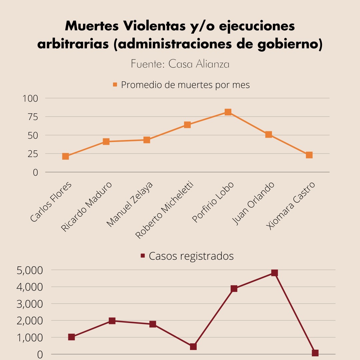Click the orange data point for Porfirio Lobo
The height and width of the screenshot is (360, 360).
point(228,112)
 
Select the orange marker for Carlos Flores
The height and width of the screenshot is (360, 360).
point(66,156)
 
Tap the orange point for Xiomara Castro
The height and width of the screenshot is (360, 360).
point(309,155)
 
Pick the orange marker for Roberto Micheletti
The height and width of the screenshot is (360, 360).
point(187,125)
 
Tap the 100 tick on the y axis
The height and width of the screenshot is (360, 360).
point(30,98)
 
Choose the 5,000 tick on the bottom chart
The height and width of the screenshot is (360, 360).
point(30,270)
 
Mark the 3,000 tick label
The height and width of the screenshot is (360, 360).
point(30,304)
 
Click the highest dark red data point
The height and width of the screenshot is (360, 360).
point(274,273)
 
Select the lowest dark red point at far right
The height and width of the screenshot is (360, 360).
point(315,353)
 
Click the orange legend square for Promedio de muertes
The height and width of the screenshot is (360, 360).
point(115,85)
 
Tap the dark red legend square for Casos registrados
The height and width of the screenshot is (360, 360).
point(143,256)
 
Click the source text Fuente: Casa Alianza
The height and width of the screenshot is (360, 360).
point(180,64)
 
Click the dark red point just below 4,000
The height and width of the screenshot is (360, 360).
point(234,289)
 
